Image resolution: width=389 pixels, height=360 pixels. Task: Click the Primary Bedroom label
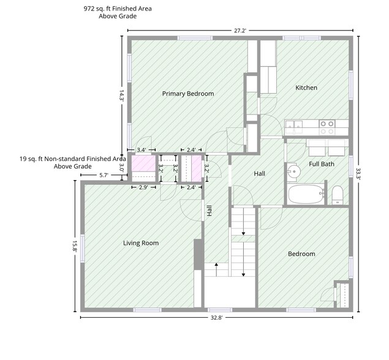pos(188,94)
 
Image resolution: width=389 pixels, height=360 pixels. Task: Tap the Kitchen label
pos(306,88)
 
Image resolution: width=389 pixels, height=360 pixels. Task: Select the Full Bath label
pos(322,164)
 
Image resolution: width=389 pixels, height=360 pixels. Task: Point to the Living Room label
pos(141,243)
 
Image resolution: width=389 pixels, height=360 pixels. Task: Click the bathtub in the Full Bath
pos(306,194)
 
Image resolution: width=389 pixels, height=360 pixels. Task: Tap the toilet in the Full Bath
pos(338,195)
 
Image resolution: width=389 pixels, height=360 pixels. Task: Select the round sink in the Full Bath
pos(294,171)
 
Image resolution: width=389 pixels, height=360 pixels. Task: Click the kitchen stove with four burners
pos(327,127)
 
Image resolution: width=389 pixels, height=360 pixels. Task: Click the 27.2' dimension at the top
pos(240,31)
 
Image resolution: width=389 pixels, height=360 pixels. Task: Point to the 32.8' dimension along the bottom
pos(217,318)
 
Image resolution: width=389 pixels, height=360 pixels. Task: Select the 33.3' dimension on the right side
pos(358,174)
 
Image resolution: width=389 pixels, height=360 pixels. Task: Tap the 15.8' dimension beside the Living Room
pos(75,246)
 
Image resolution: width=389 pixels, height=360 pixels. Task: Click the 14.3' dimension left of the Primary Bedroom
pos(121,95)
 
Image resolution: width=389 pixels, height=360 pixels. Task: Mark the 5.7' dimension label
pos(104,175)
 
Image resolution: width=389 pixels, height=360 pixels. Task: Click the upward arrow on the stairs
pos(216,269)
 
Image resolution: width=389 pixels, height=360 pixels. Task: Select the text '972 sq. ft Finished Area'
pos(118,9)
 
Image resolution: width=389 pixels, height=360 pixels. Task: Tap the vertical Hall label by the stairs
pos(209,211)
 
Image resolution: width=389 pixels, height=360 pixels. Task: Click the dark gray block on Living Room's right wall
pos(197,254)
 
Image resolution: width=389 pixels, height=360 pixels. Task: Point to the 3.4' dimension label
pos(142,150)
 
